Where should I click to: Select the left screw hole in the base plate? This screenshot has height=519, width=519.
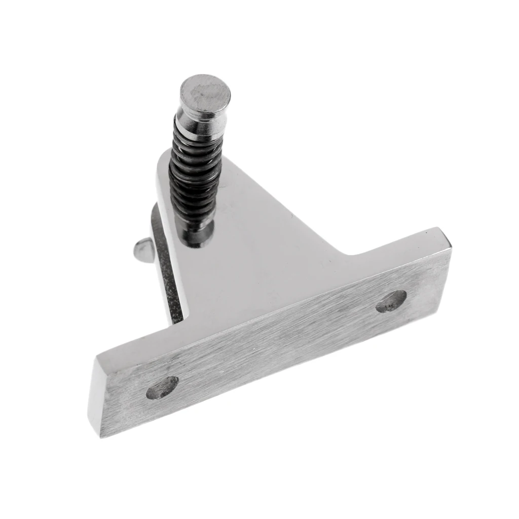[162, 388]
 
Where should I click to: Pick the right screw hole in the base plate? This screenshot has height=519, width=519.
[391, 301]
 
